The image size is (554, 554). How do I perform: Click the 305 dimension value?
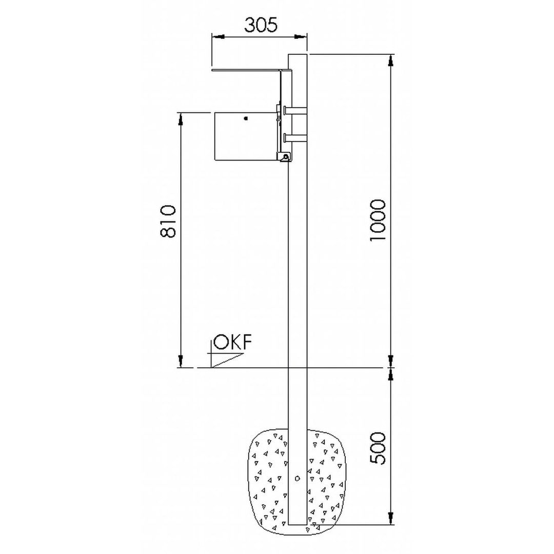(261, 25)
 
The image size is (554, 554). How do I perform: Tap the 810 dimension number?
(168, 222)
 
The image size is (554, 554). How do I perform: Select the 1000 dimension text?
(378, 221)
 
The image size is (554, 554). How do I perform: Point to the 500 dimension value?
(378, 448)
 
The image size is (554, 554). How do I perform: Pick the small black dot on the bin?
(246, 118)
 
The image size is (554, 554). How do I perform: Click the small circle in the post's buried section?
(298, 479)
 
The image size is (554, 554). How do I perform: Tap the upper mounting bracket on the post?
(295, 110)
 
